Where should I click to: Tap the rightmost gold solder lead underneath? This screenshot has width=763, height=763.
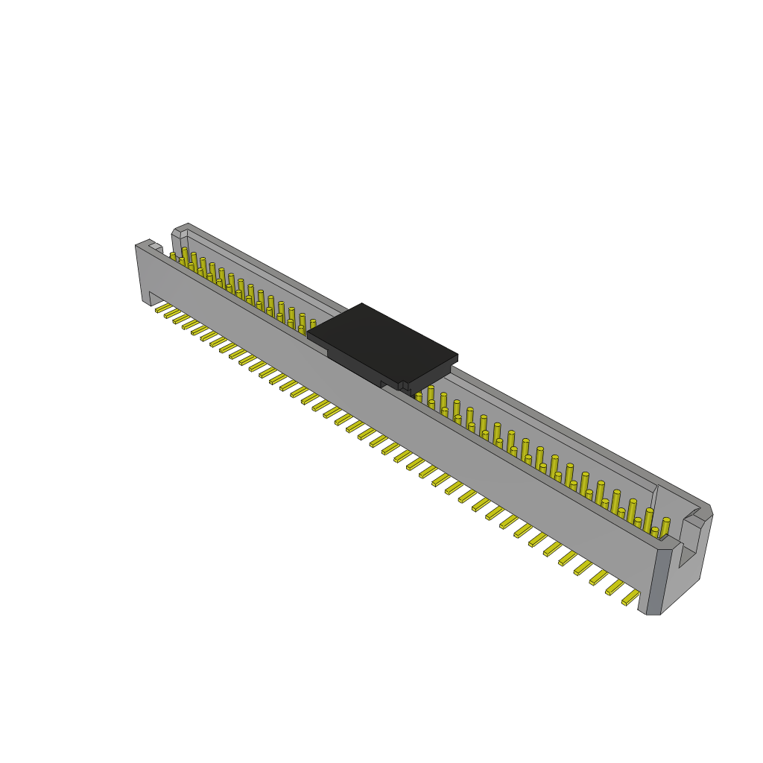(630, 598)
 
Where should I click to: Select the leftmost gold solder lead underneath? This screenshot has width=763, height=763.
(163, 307)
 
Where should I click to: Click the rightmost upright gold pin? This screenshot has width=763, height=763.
(665, 527)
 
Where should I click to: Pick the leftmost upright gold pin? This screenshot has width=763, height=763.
(174, 256)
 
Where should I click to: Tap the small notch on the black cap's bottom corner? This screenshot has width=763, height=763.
(403, 386)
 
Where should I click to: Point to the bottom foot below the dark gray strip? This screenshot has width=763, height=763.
(650, 610)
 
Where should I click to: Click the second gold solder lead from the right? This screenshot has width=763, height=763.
(615, 588)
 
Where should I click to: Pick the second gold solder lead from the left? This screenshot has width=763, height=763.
(172, 313)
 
